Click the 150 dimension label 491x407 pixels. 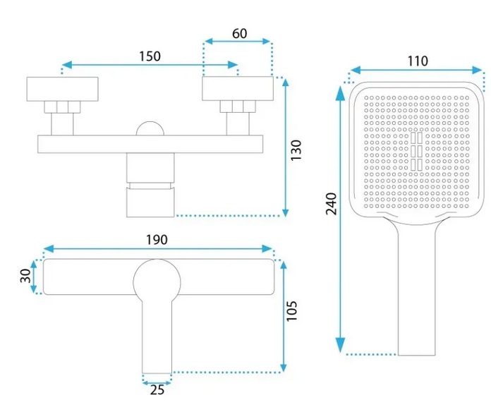[150, 56]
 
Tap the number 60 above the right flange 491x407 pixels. [240, 33]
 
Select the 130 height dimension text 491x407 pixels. [296, 150]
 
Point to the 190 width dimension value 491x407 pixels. [157, 240]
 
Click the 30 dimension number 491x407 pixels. [25, 276]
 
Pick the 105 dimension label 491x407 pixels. [291, 311]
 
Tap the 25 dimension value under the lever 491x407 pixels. [157, 390]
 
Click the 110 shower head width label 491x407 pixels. [418, 61]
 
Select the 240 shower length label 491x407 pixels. [331, 204]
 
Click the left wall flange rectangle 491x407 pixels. [62, 89]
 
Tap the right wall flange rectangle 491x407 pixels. [238, 89]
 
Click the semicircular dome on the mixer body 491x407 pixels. [150, 128]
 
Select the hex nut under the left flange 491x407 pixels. [62, 107]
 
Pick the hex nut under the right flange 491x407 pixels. [238, 107]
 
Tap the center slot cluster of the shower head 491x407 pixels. [416, 152]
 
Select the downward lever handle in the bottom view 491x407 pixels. [157, 336]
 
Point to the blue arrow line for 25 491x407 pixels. [157, 382]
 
